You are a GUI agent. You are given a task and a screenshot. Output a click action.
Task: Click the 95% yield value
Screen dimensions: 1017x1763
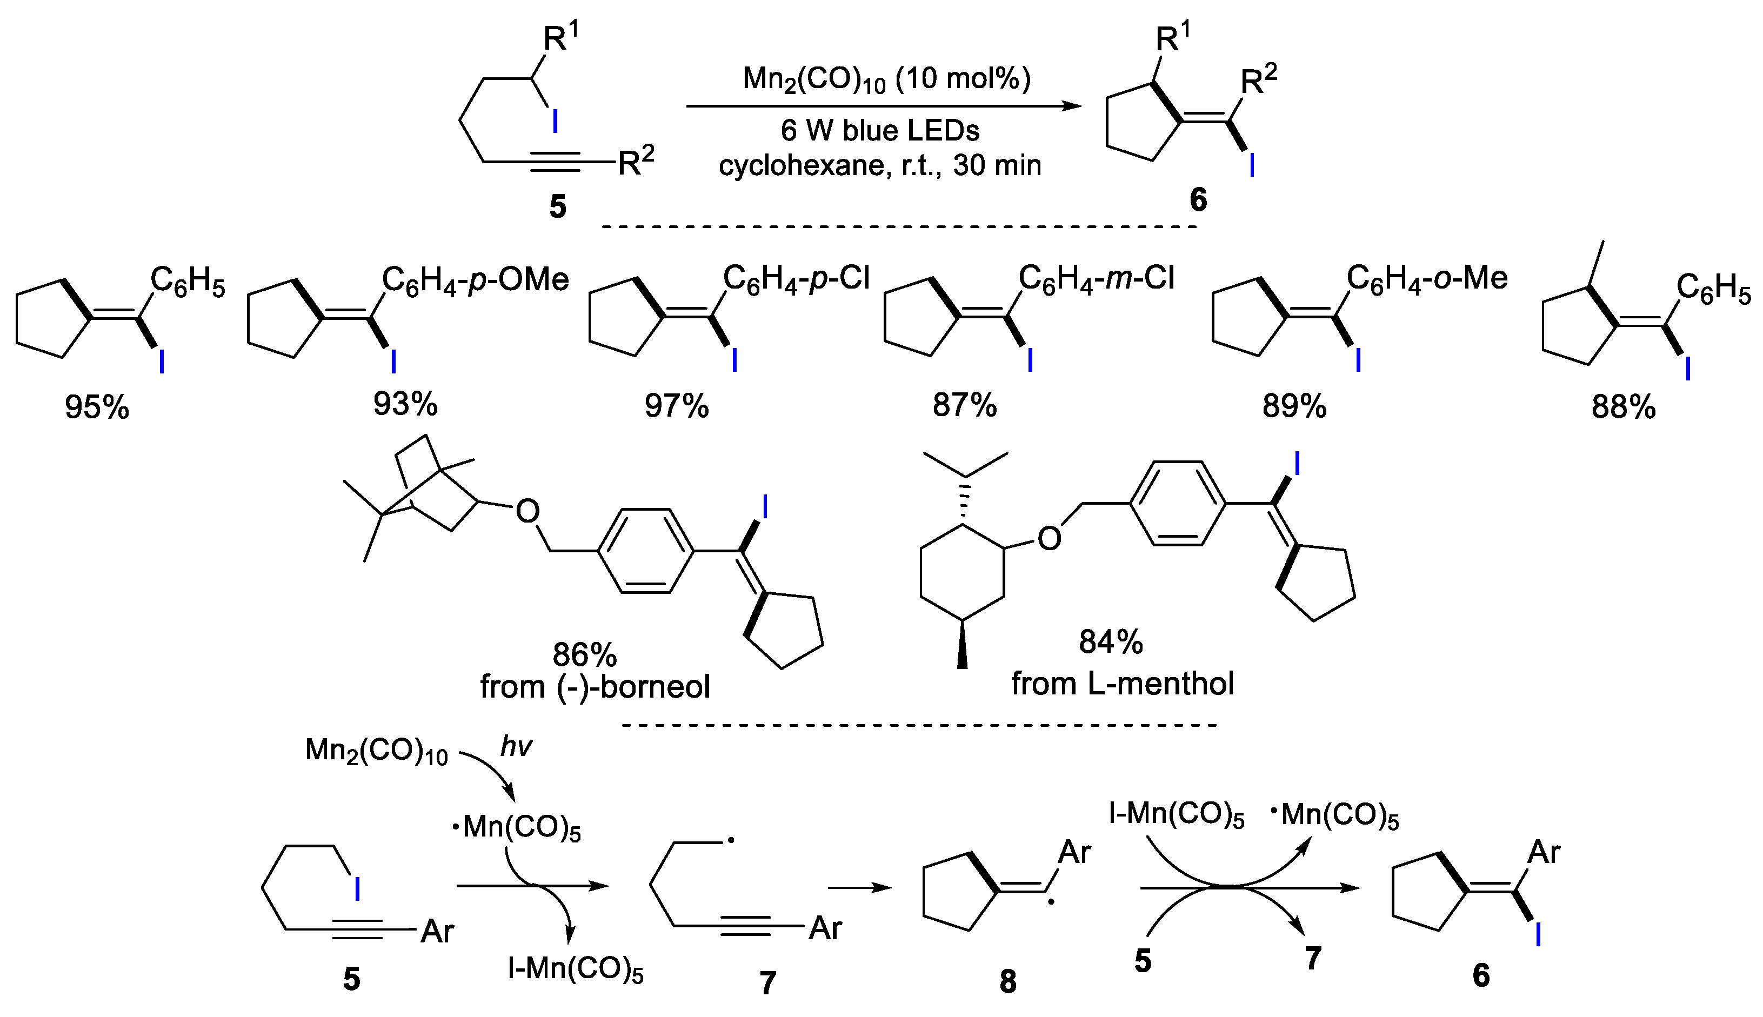[97, 406]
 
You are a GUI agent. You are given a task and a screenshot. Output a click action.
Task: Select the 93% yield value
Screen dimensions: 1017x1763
[405, 404]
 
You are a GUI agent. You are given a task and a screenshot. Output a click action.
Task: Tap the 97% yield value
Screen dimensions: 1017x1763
[676, 406]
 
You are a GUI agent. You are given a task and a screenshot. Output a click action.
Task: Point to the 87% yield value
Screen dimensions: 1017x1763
[965, 405]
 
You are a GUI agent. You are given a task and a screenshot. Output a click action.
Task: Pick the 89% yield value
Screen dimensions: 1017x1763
[1294, 406]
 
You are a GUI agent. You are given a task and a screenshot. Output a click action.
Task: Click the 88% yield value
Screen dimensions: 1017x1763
[1624, 406]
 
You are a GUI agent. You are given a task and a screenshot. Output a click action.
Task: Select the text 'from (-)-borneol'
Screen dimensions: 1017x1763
[595, 687]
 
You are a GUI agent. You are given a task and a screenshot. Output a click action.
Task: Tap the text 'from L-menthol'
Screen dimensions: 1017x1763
[1123, 683]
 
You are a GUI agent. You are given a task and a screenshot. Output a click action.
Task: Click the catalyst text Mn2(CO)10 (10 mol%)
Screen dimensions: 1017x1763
[886, 79]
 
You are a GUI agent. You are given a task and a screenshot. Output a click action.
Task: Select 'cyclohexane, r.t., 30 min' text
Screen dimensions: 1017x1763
[880, 165]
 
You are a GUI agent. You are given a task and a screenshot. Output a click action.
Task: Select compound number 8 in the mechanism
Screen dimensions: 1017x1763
[1008, 981]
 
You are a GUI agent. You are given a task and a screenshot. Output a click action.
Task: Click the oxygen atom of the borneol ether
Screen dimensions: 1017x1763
[527, 511]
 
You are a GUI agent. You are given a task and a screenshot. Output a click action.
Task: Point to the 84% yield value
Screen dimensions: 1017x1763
[1111, 641]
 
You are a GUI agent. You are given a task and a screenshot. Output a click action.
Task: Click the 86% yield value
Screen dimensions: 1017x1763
[585, 654]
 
